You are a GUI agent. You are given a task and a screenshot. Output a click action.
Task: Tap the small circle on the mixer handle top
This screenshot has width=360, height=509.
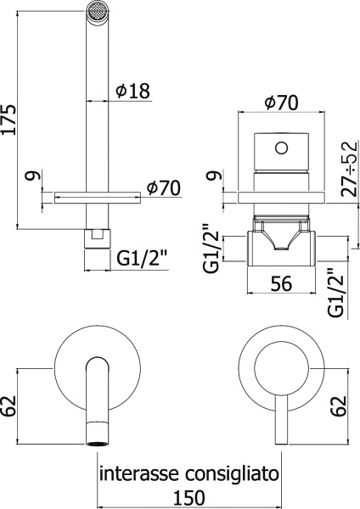tap(279, 149)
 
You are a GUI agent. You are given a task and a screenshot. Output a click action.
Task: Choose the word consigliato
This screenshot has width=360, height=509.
tap(228, 472)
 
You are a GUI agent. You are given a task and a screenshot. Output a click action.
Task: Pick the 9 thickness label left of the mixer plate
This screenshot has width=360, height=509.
tap(217, 176)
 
